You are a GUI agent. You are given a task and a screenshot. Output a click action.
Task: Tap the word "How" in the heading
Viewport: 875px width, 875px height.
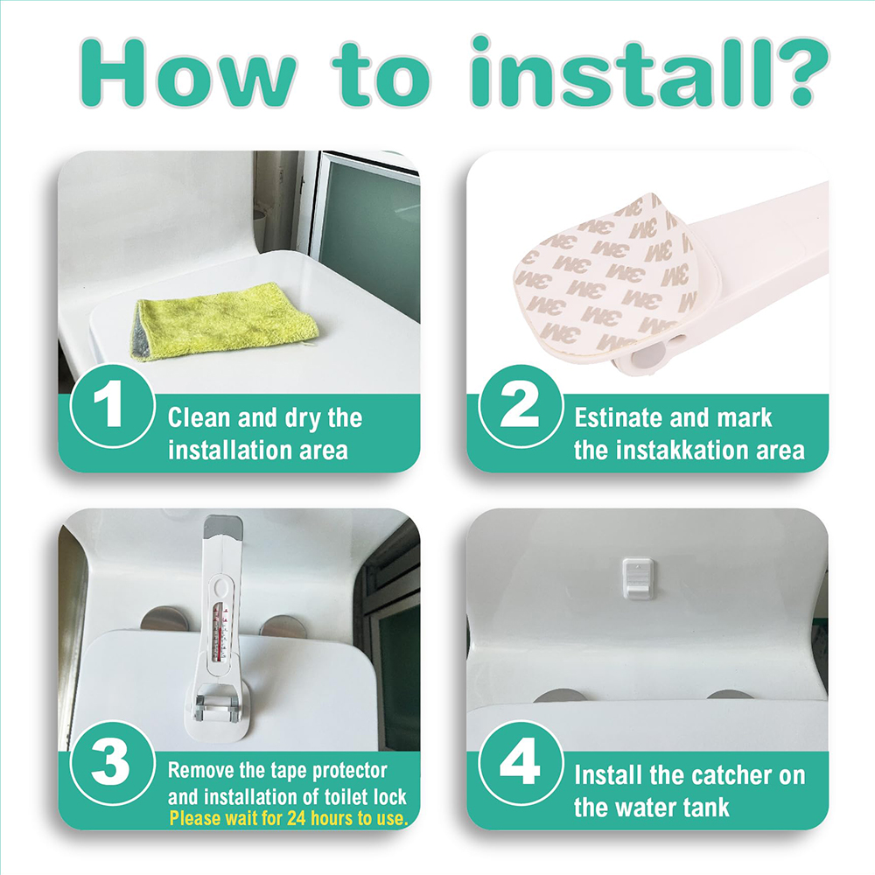tap(188, 73)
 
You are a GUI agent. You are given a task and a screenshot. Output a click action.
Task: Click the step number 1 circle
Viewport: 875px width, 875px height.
tap(113, 406)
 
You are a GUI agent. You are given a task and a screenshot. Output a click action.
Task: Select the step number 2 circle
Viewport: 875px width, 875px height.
tap(521, 406)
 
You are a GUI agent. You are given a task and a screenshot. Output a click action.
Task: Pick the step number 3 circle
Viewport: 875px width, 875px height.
tap(113, 763)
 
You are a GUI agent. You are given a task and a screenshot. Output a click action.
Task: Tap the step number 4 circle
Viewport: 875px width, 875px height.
tap(521, 763)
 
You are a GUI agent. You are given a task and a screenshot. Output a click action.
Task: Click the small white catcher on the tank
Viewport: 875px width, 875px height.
tap(638, 578)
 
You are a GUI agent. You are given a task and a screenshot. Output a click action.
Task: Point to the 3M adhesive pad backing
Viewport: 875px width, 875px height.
tap(605, 273)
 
